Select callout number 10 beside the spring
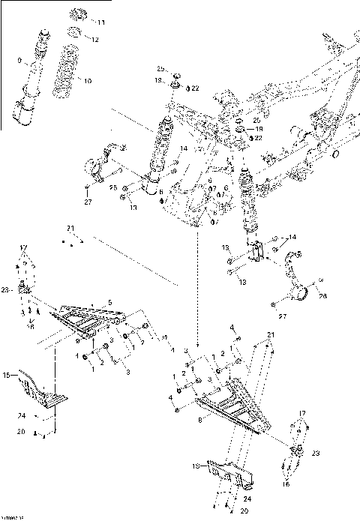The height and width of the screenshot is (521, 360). [88, 80]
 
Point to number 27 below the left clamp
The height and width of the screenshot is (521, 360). [87, 202]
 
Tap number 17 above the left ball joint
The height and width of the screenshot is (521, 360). [22, 247]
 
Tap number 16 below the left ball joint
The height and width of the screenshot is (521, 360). [30, 327]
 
